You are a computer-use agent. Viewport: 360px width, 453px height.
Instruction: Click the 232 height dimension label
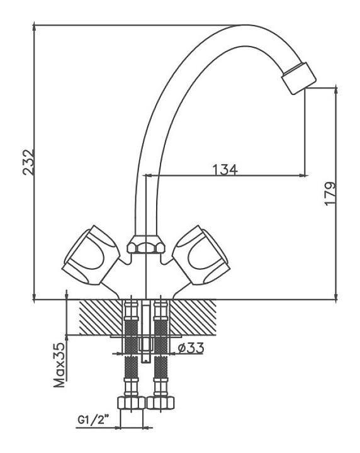point(28,162)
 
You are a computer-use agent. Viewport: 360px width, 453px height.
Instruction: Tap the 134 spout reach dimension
point(225,170)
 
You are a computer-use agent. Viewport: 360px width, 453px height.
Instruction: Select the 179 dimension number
point(330,194)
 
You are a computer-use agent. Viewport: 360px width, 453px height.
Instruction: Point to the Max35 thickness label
point(60,365)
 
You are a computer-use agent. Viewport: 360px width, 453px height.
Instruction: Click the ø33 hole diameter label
point(191,348)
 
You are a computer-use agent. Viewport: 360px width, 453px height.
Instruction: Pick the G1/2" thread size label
point(94,419)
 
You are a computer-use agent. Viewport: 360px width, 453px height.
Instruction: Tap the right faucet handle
point(201,255)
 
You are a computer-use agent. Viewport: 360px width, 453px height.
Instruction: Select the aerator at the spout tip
point(299,77)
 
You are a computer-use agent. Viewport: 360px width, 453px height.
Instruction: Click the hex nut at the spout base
point(146,244)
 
